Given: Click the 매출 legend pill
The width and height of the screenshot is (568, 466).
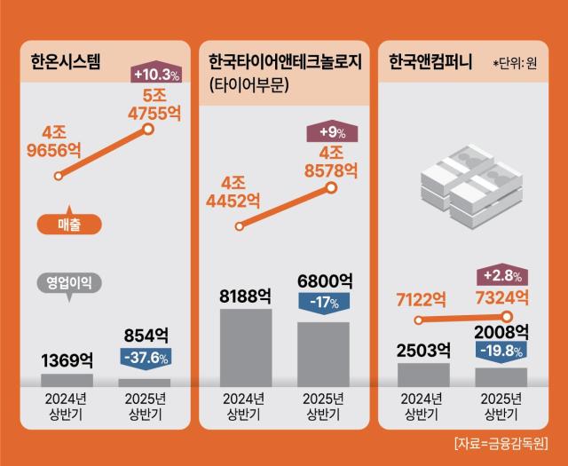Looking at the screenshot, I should click(x=68, y=226).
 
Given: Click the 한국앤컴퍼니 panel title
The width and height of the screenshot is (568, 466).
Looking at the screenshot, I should click(x=430, y=63).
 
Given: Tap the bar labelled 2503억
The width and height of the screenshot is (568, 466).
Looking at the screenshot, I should click(x=423, y=374).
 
